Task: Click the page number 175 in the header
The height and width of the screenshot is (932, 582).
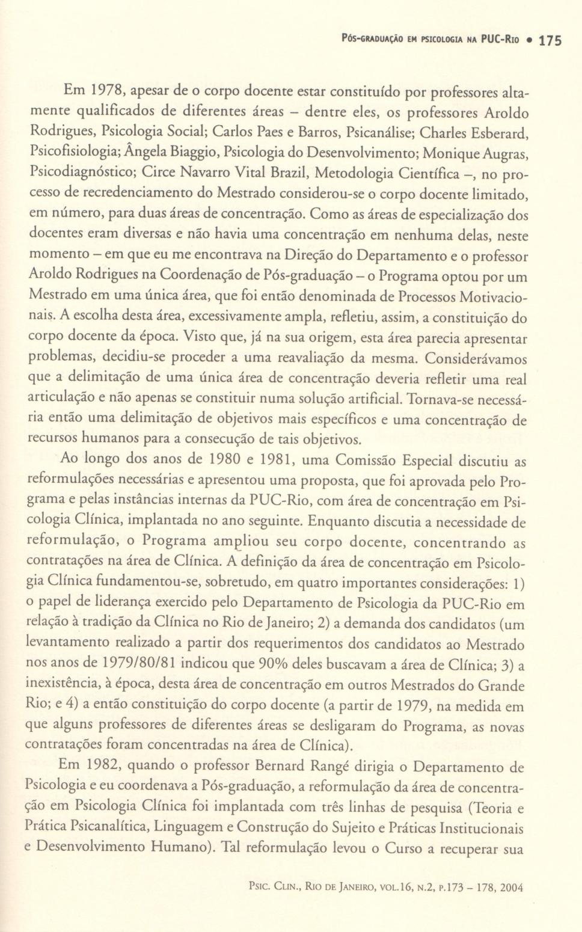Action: (550, 41)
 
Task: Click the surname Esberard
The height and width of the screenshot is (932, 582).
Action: (502, 132)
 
